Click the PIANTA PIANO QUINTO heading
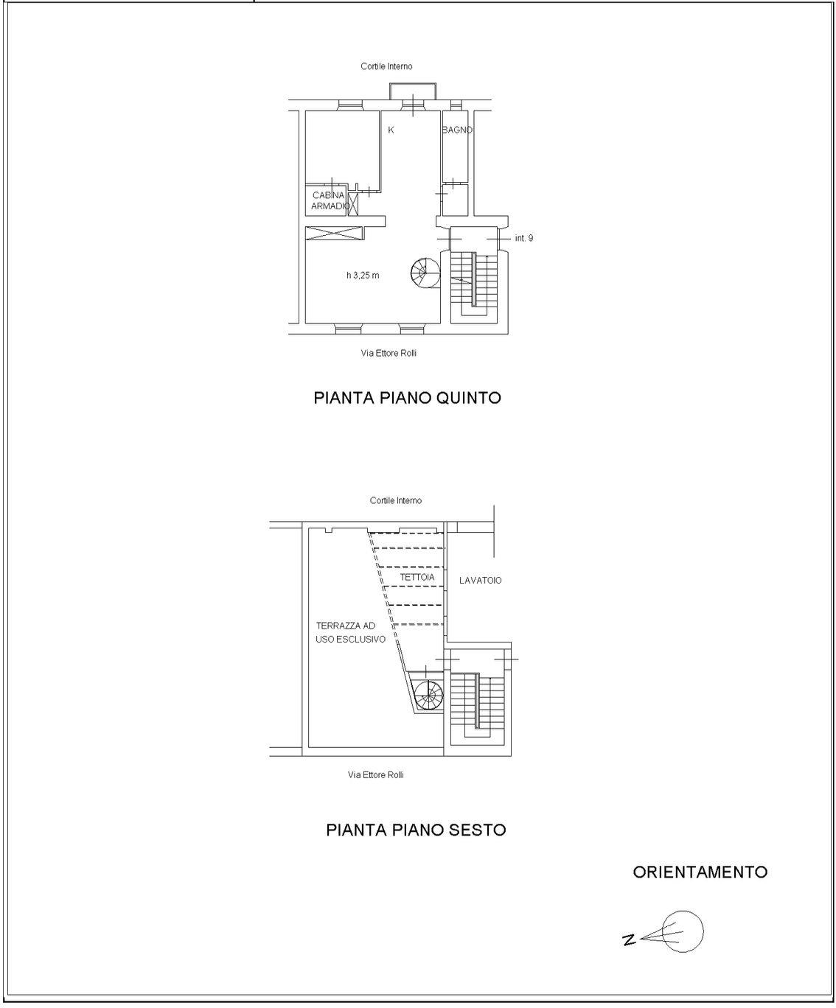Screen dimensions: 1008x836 click(407, 398)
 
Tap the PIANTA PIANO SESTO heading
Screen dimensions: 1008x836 click(416, 830)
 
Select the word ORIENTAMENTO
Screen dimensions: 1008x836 click(700, 872)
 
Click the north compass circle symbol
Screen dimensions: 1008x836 click(683, 931)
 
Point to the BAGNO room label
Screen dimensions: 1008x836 click(457, 130)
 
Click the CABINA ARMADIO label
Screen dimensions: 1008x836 click(330, 200)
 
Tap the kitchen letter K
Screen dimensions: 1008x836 click(391, 130)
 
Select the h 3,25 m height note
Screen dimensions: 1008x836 click(363, 276)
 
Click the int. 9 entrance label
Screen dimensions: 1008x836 click(524, 238)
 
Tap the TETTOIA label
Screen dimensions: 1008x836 click(417, 577)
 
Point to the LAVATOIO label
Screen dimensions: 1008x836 click(481, 581)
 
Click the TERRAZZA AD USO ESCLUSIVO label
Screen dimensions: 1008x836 click(350, 632)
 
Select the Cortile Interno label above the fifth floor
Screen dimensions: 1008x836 click(386, 66)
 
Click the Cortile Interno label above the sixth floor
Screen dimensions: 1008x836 click(396, 500)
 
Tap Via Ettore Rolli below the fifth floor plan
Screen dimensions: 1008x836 click(389, 353)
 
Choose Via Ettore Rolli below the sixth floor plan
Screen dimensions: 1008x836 click(376, 774)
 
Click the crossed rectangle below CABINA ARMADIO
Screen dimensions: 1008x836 click(334, 234)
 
